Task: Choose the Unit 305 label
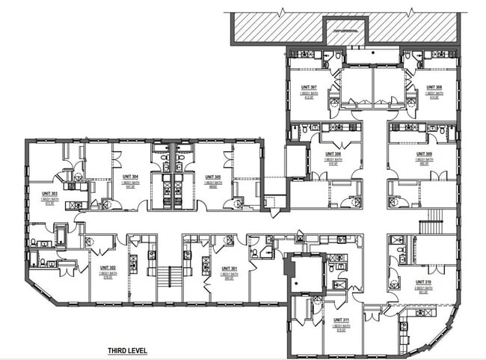point(212,177)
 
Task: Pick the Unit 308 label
point(434,87)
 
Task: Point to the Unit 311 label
point(342,320)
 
